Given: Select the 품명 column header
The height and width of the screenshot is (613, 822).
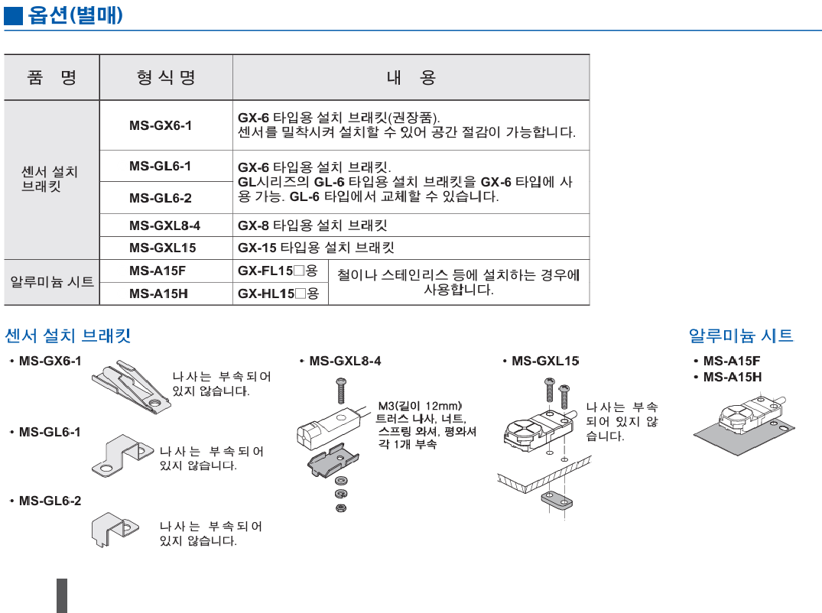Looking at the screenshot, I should (51, 77).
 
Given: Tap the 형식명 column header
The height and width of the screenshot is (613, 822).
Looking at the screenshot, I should (166, 77).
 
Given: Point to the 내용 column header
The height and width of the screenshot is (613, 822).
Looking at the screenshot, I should (411, 77).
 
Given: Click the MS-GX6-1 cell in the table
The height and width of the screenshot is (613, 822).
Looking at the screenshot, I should (161, 125).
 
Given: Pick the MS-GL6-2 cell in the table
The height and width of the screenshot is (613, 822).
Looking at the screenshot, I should (161, 198).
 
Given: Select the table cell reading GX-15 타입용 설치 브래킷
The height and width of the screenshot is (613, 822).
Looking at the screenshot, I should (316, 248).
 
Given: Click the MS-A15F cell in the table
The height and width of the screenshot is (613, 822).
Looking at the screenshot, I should (158, 271).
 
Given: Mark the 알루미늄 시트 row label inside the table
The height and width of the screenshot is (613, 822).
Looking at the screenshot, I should (52, 282).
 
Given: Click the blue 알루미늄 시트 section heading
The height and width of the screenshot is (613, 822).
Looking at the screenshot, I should (740, 336).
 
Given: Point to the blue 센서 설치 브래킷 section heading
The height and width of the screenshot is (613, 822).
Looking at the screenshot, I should (68, 336).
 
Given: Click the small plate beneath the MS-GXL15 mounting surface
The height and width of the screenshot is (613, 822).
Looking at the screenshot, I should (556, 501).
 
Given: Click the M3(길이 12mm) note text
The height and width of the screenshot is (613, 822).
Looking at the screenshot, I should (421, 406).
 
